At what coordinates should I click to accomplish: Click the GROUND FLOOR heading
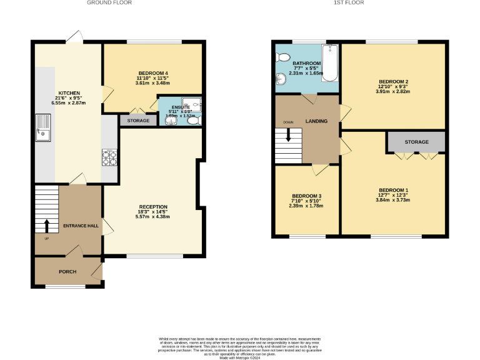[x=104, y=3]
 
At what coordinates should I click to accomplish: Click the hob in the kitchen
[x=109, y=158]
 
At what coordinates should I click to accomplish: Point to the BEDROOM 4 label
[x=152, y=74]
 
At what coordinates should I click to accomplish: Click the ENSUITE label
[x=181, y=107]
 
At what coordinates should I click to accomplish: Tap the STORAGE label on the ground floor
[x=138, y=120]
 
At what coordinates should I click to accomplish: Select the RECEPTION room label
[x=153, y=207]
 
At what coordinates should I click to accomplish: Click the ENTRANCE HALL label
[x=81, y=226]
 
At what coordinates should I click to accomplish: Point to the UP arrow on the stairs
[x=46, y=226]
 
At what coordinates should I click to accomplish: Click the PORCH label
[x=67, y=272]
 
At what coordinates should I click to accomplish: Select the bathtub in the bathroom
[x=330, y=64]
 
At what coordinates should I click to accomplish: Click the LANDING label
[x=316, y=121]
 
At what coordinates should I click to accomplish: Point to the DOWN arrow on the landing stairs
[x=288, y=135]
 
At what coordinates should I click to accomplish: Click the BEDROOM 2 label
[x=393, y=82]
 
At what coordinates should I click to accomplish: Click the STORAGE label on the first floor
[x=416, y=142]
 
